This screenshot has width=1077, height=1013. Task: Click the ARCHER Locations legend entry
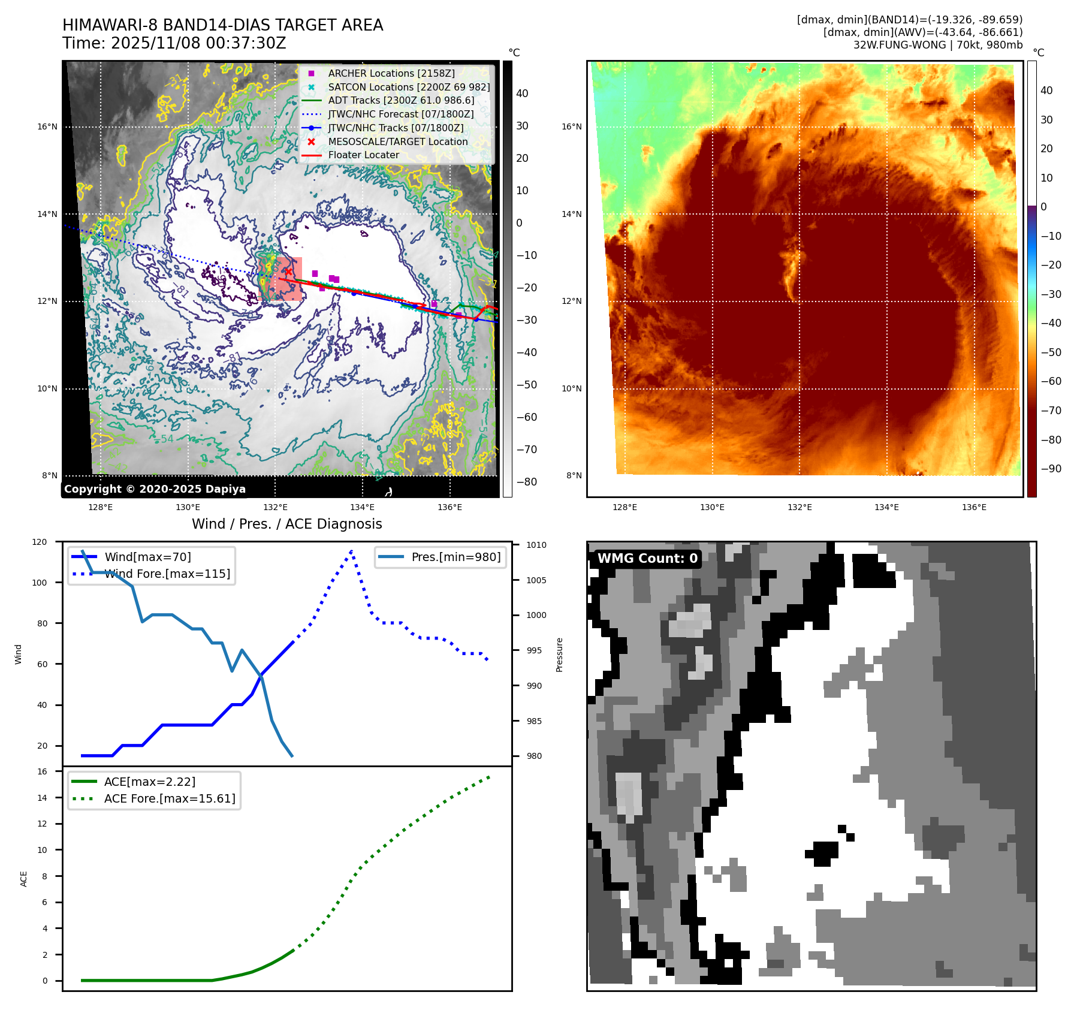[x=391, y=73]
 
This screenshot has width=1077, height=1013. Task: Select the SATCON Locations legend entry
[x=408, y=87]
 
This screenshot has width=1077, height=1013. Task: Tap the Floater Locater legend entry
[x=363, y=155]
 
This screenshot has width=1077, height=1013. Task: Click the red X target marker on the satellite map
[x=288, y=272]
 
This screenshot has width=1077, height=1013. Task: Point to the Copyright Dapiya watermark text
[x=155, y=489]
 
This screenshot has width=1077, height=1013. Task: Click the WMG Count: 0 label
[x=647, y=559]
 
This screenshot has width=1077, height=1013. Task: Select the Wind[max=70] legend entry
[x=147, y=557]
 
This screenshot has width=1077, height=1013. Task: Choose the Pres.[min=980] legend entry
[x=455, y=557]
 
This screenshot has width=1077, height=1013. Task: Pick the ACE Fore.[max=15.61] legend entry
[x=170, y=798]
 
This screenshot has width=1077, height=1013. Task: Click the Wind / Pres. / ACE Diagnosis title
[x=286, y=524]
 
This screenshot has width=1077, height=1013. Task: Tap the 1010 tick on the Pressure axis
[x=536, y=545]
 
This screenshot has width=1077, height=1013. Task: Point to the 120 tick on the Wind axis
[x=40, y=542]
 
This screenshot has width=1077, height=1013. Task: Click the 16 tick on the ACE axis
[x=42, y=771]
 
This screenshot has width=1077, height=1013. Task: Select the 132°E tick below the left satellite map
[x=275, y=507]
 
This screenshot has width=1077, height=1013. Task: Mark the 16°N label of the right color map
[x=571, y=126]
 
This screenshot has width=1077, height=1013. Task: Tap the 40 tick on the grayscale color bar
[x=522, y=94]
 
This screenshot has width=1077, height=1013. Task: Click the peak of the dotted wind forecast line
[x=351, y=551]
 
